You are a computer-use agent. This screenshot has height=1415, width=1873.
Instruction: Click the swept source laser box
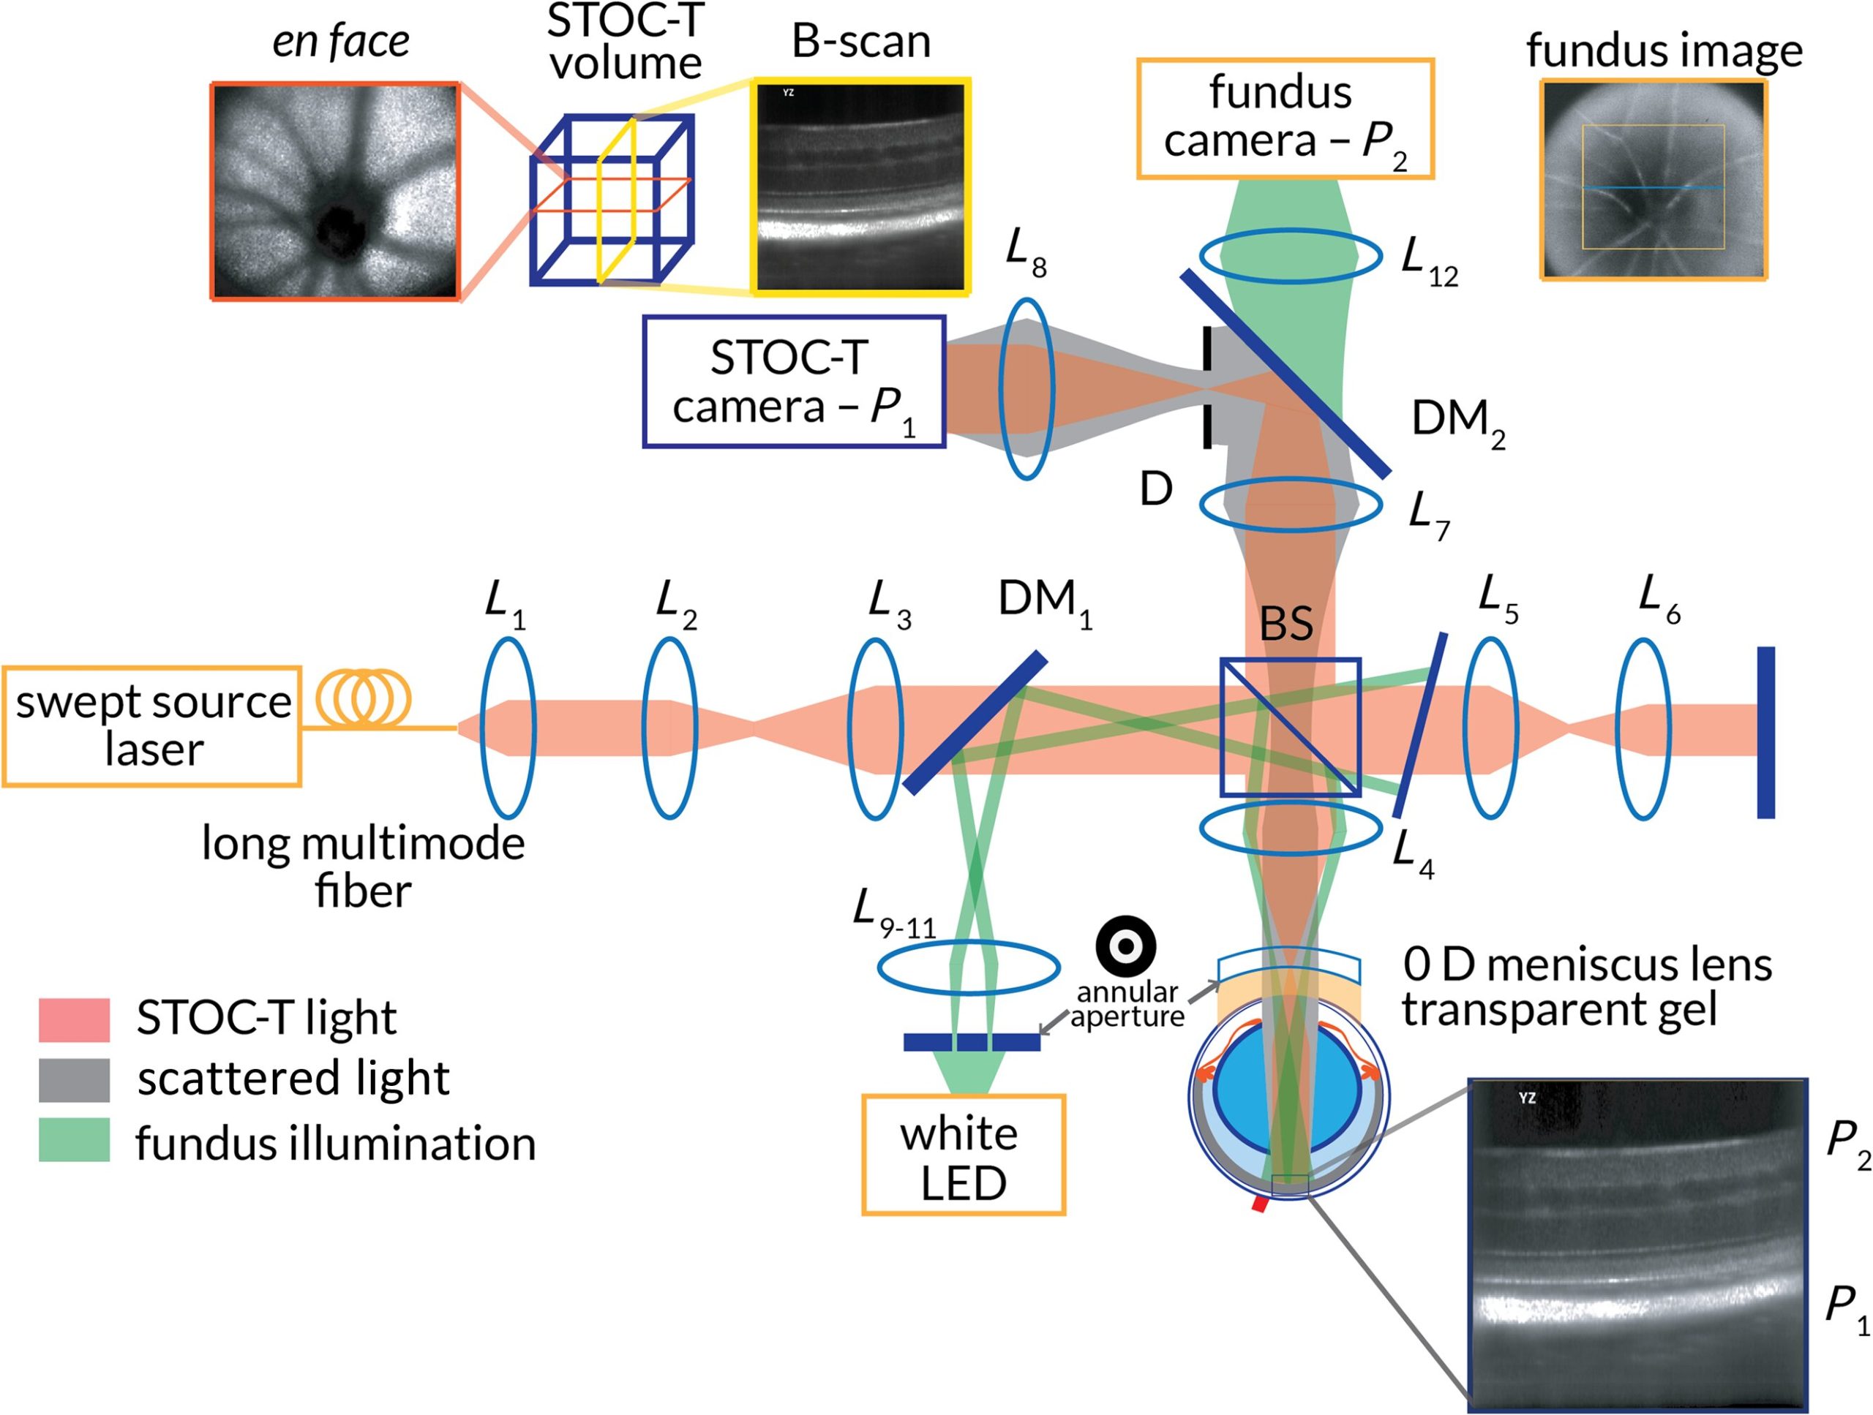152,726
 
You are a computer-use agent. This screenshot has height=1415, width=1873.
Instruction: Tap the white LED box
964,1156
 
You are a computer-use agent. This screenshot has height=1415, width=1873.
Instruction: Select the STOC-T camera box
795,382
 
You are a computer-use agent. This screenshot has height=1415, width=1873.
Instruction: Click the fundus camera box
1285,118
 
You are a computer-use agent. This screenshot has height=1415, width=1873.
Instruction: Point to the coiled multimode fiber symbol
363,699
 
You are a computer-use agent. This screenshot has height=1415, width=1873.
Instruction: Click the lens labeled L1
508,728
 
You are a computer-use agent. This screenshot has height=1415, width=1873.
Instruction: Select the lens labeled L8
1026,388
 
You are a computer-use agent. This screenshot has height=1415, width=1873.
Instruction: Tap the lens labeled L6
1643,728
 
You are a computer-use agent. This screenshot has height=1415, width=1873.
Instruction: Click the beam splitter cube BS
1291,727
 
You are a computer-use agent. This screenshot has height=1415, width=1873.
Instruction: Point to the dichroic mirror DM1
975,722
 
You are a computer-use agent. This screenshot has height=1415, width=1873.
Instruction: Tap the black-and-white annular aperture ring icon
1125,946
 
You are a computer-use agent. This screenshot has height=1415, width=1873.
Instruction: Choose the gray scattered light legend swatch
75,1080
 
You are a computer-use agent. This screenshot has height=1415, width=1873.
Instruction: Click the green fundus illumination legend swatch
75,1139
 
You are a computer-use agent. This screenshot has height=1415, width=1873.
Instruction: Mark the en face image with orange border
335,192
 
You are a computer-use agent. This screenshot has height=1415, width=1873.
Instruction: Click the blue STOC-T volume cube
612,200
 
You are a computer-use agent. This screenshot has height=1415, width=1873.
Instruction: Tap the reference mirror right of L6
1765,732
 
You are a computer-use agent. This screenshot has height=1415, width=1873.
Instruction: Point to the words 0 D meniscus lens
1587,964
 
